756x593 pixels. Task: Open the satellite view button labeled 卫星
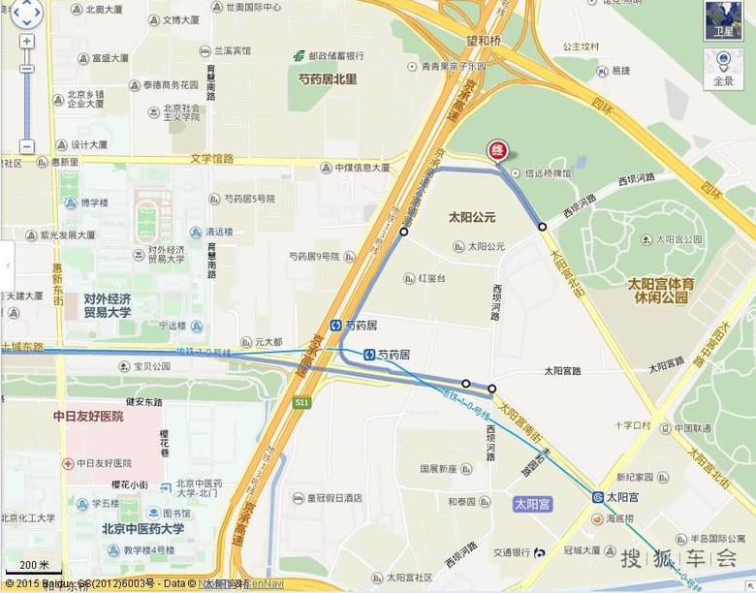723,20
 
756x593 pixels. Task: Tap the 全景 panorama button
723,68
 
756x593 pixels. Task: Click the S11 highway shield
302,401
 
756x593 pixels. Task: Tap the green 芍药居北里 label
327,78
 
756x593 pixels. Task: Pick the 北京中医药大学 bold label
142,529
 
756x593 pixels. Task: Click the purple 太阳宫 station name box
532,504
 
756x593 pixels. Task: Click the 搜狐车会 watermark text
678,558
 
